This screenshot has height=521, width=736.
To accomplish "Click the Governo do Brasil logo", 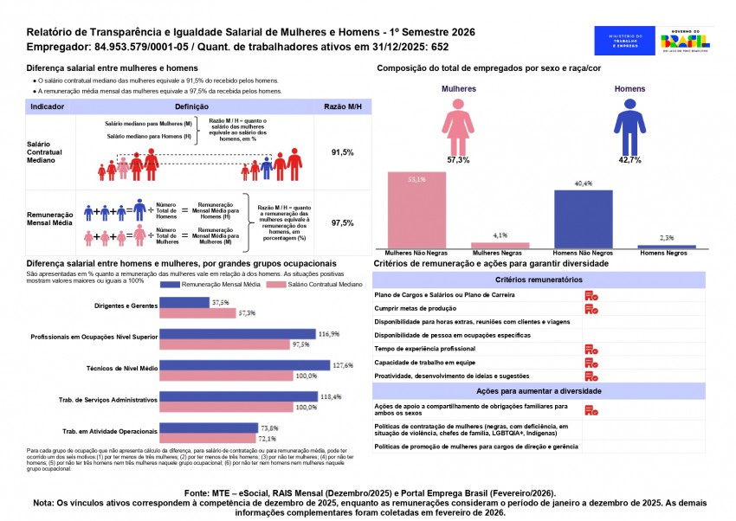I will tap(684, 41).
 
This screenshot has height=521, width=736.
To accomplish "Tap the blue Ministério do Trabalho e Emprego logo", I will tap(625, 41).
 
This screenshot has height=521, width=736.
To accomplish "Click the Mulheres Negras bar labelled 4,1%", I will tap(500, 245).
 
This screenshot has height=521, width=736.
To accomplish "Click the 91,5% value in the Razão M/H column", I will tap(343, 152).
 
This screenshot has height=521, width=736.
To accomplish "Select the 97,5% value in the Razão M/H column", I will tap(343, 223).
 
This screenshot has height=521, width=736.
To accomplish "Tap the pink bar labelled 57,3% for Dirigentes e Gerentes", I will tap(197, 313).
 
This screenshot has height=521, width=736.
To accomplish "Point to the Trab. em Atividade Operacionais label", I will tap(110, 430).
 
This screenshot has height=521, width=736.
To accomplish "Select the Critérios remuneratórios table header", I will tap(550, 280).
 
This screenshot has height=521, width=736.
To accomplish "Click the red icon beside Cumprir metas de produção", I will tap(591, 308).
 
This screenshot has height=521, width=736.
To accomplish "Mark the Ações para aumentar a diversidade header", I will tap(550, 391).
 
